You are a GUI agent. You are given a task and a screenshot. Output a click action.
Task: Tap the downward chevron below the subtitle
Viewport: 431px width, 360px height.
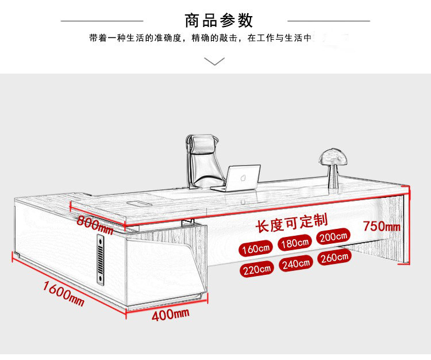click(x=215, y=61)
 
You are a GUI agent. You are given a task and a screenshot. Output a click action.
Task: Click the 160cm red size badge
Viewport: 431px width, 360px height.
click(x=256, y=249)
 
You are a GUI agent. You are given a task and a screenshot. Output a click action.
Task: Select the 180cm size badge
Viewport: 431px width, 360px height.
click(x=295, y=243)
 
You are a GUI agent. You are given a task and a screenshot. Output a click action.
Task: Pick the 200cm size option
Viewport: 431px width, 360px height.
click(x=333, y=236)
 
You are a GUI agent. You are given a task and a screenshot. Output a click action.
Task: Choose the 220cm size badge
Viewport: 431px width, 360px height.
click(x=256, y=269)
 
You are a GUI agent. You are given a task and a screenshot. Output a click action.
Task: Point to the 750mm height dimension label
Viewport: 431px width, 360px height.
click(x=381, y=226)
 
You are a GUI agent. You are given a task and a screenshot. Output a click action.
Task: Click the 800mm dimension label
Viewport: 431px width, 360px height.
click(x=95, y=224)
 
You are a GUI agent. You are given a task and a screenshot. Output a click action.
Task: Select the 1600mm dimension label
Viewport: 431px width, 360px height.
click(x=63, y=293)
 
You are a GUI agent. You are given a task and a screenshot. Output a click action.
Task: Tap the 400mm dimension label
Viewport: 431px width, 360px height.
click(x=171, y=315)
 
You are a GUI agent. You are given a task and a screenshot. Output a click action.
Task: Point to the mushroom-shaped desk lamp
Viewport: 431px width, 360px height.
click(x=332, y=161)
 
